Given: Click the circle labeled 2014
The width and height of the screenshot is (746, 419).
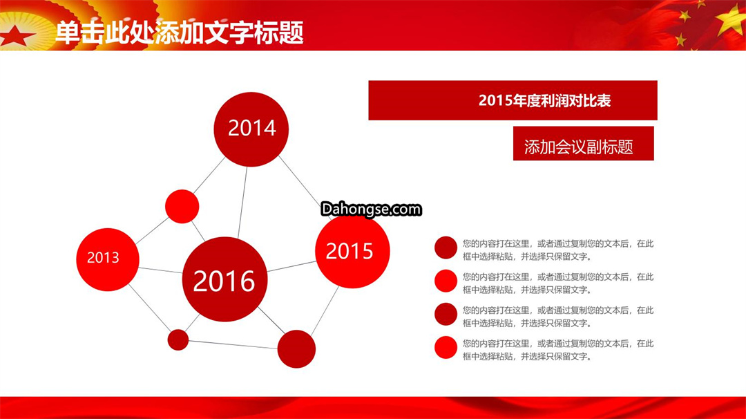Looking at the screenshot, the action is pos(251,129).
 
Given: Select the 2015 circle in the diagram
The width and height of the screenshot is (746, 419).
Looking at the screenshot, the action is pos(352,251).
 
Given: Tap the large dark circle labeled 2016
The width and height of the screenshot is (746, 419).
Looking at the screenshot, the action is pos(224,279).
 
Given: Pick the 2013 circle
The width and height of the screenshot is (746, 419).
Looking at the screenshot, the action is pos(108,259).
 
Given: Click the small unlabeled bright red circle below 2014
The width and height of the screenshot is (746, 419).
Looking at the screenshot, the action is pos(182,206).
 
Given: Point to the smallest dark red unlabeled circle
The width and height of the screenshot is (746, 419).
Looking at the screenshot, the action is pos(178,340).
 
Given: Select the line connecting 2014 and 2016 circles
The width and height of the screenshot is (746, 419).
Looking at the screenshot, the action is pos(242,202).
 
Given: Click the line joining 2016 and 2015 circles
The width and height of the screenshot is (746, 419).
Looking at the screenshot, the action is pos(291,266).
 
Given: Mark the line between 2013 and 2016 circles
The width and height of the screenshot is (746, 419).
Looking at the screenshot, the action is pos(160,270).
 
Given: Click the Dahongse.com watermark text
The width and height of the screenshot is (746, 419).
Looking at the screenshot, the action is pos(371,209).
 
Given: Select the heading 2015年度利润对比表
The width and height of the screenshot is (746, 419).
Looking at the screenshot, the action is pos(544,100).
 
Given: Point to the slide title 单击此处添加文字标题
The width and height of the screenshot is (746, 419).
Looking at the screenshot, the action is pos(180,32).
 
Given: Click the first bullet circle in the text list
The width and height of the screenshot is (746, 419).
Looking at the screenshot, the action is pos(446,248).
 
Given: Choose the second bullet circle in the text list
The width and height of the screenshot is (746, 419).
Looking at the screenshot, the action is pos(446,281).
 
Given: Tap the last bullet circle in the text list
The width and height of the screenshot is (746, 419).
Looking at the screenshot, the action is pos(446,348).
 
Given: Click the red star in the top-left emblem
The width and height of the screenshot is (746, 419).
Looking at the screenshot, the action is pos(16,36).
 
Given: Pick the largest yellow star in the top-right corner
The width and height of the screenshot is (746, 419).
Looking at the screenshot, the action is pos(731,19).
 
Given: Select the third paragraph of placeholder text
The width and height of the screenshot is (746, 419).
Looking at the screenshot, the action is pos(558,317).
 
